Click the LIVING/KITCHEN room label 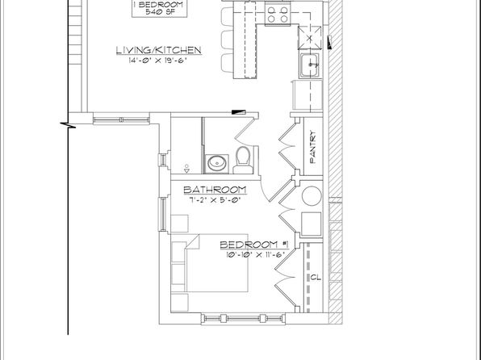pyautogui.click(x=159, y=50)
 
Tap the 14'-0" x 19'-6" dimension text pyautogui.click(x=157, y=61)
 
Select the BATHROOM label pyautogui.click(x=215, y=190)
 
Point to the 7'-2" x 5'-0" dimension pyautogui.click(x=215, y=200)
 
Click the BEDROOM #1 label pyautogui.click(x=254, y=245)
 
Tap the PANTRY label pyautogui.click(x=313, y=147)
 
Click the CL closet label pyautogui.click(x=316, y=278)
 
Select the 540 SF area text pyautogui.click(x=159, y=12)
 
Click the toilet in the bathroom pyautogui.click(x=243, y=160)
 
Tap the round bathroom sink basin pyautogui.click(x=218, y=164)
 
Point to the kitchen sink pyautogui.click(x=310, y=65)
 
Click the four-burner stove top pyautogui.click(x=278, y=14)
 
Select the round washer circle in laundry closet pyautogui.click(x=312, y=195)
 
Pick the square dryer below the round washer pyautogui.click(x=312, y=224)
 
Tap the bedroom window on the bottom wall pyautogui.click(x=243, y=319)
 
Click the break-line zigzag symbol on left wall pyautogui.click(x=68, y=125)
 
